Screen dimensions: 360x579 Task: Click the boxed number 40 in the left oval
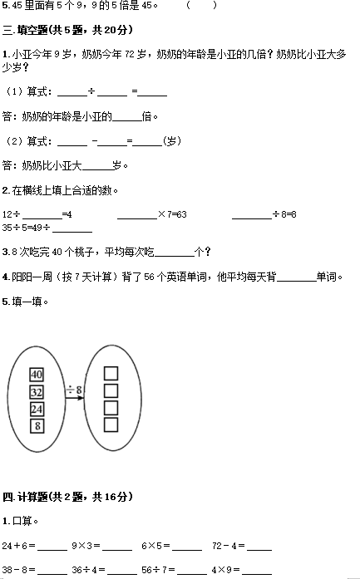pyautogui.click(x=37, y=375)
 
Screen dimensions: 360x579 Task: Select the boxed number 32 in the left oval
pyautogui.click(x=37, y=392)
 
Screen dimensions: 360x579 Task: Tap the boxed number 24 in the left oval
pyautogui.click(x=37, y=409)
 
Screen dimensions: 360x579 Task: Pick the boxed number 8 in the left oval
pyautogui.click(x=37, y=426)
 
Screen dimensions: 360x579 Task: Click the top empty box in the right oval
pyautogui.click(x=111, y=373)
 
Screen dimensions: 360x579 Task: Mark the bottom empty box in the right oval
pyautogui.click(x=111, y=424)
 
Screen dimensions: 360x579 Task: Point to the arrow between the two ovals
pyautogui.click(x=75, y=398)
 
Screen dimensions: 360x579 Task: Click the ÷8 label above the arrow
pyautogui.click(x=74, y=390)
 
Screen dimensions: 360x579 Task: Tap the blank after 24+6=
pyautogui.click(x=52, y=550)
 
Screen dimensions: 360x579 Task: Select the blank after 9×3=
pyautogui.click(x=117, y=550)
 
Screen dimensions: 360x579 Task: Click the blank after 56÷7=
pyautogui.click(x=192, y=573)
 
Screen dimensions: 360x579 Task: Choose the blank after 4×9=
pyautogui.click(x=257, y=573)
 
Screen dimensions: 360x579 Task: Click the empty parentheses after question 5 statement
pyautogui.click(x=202, y=5)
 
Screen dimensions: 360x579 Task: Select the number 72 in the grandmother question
pyautogui.click(x=130, y=55)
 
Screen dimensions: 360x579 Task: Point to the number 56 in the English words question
pyautogui.click(x=149, y=277)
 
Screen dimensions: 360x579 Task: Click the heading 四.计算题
pyautogui.click(x=26, y=497)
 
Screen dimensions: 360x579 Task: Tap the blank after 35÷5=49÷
pyautogui.click(x=72, y=233)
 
